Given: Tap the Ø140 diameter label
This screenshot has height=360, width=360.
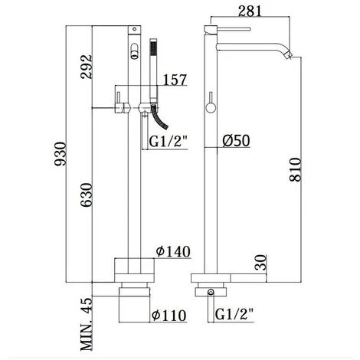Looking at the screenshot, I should (174, 251).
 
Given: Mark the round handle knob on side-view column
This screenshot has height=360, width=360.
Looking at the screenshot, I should (209, 107).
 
